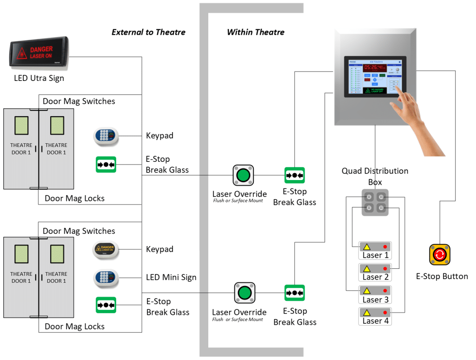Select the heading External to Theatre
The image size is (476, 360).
click(x=148, y=32)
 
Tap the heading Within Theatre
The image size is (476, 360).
click(x=255, y=32)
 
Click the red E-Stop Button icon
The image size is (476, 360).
click(x=439, y=255)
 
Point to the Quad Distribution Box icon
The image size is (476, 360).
click(x=375, y=202)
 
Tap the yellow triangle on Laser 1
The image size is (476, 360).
click(x=366, y=247)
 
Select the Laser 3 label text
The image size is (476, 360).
click(x=375, y=300)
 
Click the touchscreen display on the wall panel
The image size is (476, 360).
click(x=375, y=76)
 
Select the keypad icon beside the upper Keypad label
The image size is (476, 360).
click(x=106, y=136)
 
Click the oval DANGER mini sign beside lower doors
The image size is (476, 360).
click(x=106, y=250)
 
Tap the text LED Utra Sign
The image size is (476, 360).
click(x=39, y=78)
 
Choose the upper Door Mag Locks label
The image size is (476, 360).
click(x=74, y=198)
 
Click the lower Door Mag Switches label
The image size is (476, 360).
click(x=79, y=231)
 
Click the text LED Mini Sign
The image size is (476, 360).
click(x=171, y=277)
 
